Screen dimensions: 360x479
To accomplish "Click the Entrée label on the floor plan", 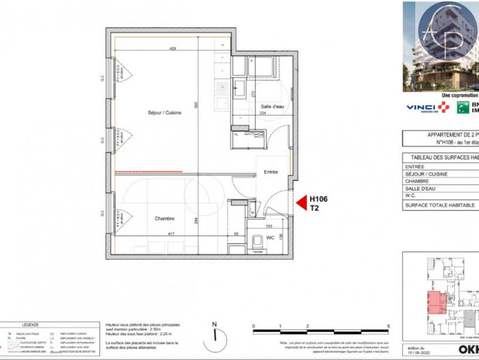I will tap(271, 173).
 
